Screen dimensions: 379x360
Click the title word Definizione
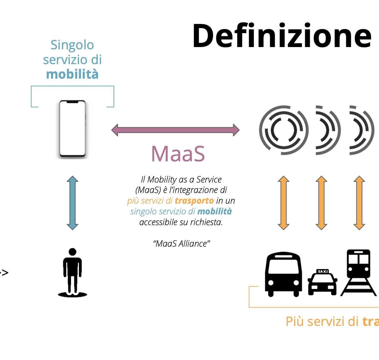282,36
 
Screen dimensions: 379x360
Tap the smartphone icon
73,129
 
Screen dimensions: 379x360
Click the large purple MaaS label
178,154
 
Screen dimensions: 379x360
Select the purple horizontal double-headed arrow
175,130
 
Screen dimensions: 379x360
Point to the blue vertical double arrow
73,203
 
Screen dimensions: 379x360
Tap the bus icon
283,274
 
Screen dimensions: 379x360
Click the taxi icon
322,282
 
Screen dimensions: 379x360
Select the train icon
358,273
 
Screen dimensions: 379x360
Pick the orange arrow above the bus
283,203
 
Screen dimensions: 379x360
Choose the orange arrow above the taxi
321,203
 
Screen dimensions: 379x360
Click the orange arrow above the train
359,203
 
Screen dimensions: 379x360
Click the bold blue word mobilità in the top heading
72,74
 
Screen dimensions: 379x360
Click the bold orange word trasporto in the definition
194,201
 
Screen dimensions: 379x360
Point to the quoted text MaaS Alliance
181,244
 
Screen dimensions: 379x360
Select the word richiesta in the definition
207,222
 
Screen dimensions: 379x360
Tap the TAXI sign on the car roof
323,272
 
